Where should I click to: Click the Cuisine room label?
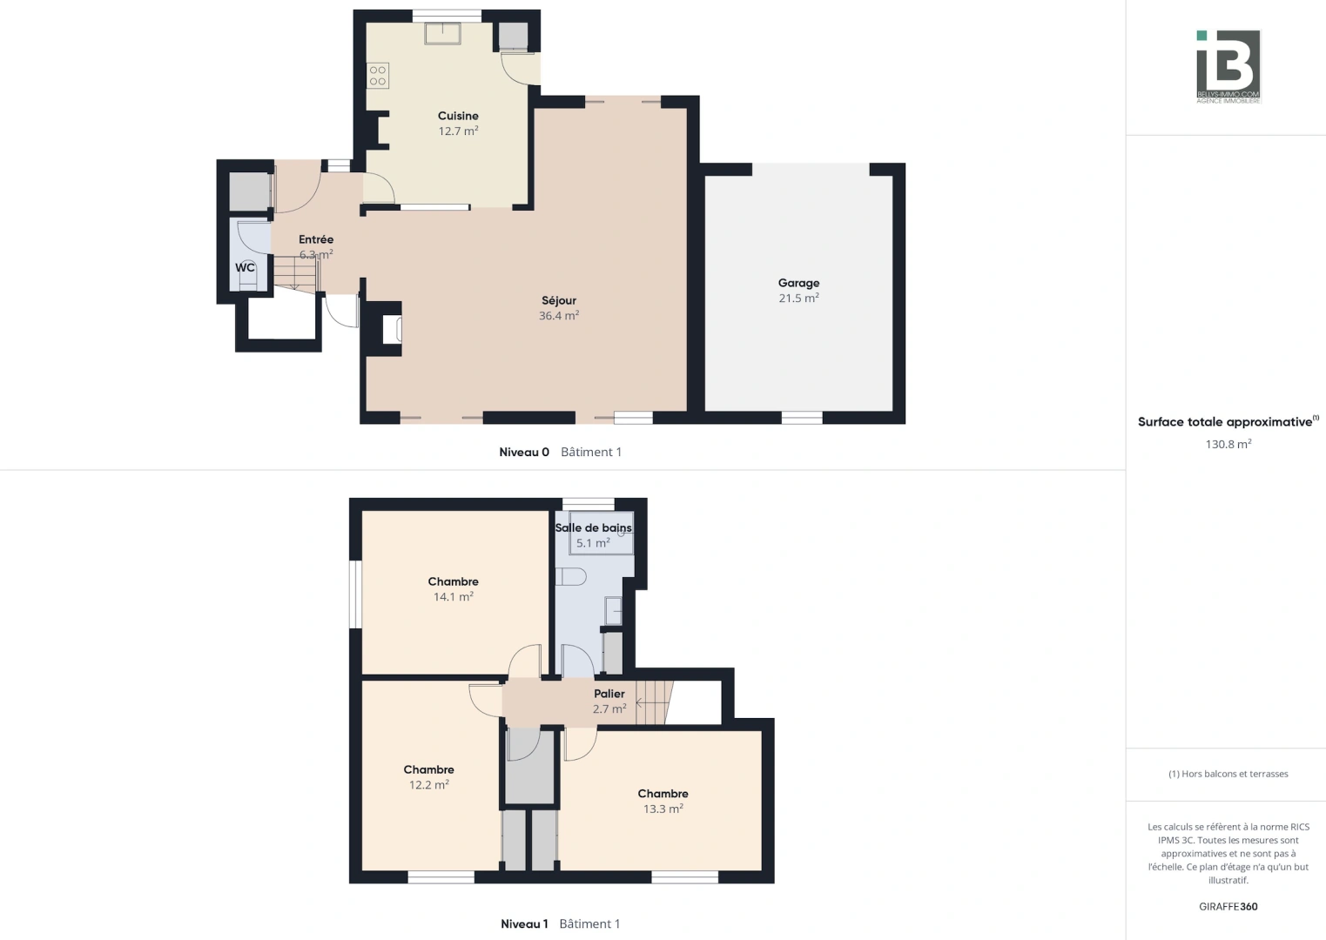tap(458, 116)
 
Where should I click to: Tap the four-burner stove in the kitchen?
tap(378, 76)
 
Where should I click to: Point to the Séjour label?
tap(559, 300)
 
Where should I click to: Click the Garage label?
tap(798, 283)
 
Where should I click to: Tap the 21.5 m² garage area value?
tap(798, 299)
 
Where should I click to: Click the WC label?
tap(245, 267)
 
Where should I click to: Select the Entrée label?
tap(316, 239)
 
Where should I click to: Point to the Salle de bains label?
tap(594, 527)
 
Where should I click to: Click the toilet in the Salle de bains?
tap(570, 576)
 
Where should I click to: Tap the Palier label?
tap(609, 694)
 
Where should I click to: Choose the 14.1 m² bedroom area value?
tap(453, 597)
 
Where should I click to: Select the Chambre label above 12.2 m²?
tap(428, 769)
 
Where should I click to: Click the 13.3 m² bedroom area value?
tap(663, 809)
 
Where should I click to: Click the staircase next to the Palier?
tap(654, 702)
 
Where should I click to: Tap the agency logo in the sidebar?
tap(1228, 66)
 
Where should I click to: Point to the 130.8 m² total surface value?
tap(1228, 444)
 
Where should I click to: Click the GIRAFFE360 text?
tap(1228, 906)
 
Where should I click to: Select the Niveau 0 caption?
tap(524, 452)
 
